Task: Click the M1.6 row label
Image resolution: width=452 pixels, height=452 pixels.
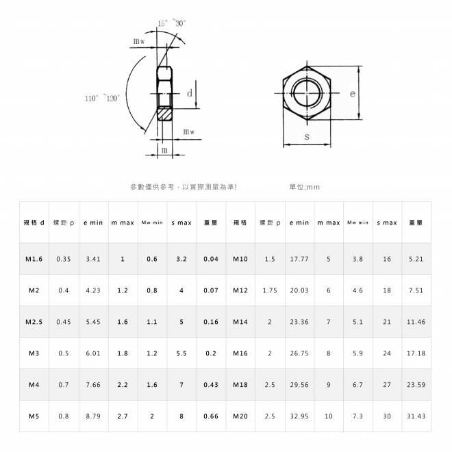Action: (34, 259)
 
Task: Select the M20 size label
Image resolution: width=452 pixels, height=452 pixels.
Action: (240, 416)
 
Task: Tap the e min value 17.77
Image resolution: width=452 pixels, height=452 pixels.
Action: (299, 259)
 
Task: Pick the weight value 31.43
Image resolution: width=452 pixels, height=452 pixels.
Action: (416, 416)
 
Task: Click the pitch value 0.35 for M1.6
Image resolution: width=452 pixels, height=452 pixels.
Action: (64, 259)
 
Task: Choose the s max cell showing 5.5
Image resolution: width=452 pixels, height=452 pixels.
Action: (181, 353)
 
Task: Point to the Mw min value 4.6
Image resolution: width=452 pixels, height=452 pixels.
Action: (357, 290)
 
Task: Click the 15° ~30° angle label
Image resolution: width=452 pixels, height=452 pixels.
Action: (171, 23)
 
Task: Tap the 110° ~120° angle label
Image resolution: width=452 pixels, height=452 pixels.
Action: (102, 98)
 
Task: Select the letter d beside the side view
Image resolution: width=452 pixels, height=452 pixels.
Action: (190, 93)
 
